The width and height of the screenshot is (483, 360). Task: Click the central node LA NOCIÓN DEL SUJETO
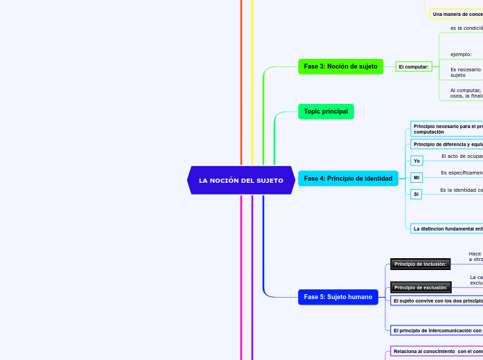(x=240, y=180)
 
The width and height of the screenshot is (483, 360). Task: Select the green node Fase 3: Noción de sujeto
(x=340, y=66)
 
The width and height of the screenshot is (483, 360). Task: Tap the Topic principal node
(x=326, y=111)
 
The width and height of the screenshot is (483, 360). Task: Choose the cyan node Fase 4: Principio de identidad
(x=348, y=179)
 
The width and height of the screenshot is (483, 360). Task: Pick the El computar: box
(x=414, y=66)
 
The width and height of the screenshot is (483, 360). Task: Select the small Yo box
(x=416, y=161)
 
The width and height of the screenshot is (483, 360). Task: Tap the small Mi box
(x=416, y=178)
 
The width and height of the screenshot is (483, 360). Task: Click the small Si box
(x=416, y=195)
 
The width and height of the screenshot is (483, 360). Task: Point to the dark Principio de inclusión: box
(x=420, y=264)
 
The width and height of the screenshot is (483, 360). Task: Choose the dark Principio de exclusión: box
(x=421, y=287)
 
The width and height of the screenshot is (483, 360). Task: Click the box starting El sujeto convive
(x=437, y=300)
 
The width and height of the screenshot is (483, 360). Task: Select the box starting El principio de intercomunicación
(x=437, y=330)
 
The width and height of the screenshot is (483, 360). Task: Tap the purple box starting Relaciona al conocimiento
(x=437, y=351)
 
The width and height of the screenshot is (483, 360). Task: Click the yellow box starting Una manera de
(x=457, y=14)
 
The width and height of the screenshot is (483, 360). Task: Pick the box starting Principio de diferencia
(x=447, y=144)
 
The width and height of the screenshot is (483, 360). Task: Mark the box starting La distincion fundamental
(x=447, y=228)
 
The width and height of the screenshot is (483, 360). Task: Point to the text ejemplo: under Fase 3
(x=461, y=54)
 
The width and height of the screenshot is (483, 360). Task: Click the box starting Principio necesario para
(x=447, y=129)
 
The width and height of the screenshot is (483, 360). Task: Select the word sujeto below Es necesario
(x=458, y=75)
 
